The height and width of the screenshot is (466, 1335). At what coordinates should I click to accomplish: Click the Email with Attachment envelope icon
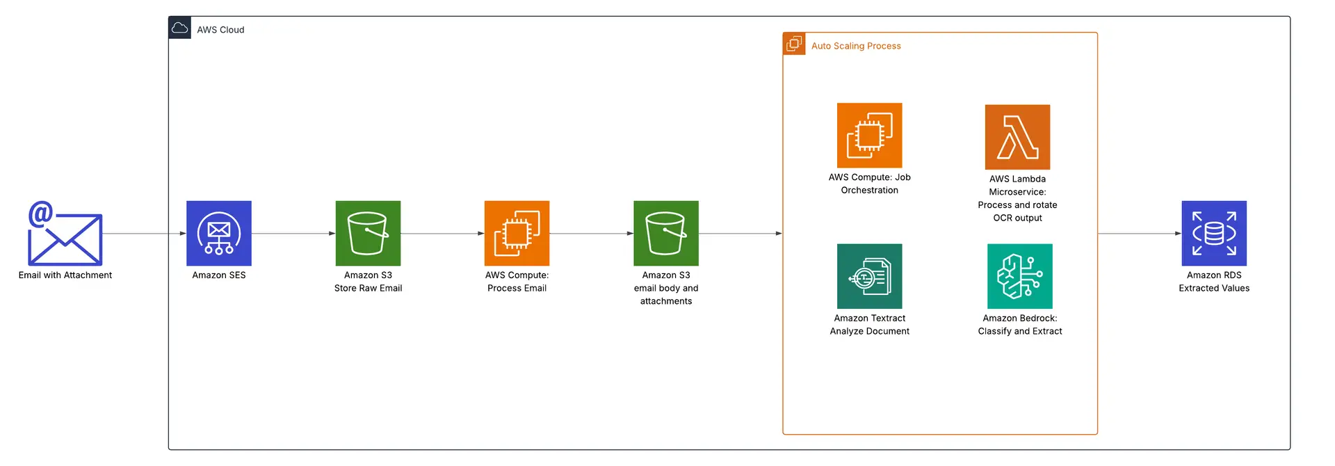click(x=65, y=234)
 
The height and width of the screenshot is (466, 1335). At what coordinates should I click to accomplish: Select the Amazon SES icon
click(x=218, y=233)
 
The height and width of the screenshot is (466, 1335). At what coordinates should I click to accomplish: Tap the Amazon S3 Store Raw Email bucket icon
click(x=368, y=233)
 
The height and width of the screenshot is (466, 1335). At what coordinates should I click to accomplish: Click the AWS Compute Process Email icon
click(x=517, y=233)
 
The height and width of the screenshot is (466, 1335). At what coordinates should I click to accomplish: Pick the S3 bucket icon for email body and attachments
click(x=665, y=233)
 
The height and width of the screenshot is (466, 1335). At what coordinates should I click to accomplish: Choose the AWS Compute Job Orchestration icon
click(x=869, y=135)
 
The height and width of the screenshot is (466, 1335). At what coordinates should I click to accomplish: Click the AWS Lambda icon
click(x=1017, y=137)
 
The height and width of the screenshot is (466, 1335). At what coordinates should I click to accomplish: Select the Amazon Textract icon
click(x=869, y=276)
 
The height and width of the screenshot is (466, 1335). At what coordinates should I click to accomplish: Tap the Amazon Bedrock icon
click(x=1019, y=276)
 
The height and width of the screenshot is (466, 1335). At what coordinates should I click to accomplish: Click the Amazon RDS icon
click(x=1213, y=233)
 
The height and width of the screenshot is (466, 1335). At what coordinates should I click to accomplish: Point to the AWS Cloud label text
click(x=220, y=30)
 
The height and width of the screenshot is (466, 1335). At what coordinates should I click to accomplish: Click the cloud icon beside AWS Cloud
click(x=179, y=28)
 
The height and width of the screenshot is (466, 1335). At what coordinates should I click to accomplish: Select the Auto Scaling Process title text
click(x=855, y=46)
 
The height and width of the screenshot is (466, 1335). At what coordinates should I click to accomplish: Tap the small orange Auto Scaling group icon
click(x=794, y=44)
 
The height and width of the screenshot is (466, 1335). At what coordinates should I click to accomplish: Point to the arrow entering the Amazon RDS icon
click(x=1140, y=234)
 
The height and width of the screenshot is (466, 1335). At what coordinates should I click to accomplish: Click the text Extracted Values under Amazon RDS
click(x=1213, y=288)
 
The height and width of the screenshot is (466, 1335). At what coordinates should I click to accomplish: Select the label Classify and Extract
click(x=1019, y=331)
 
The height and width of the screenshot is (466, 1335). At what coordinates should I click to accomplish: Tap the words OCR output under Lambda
click(x=1017, y=218)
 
